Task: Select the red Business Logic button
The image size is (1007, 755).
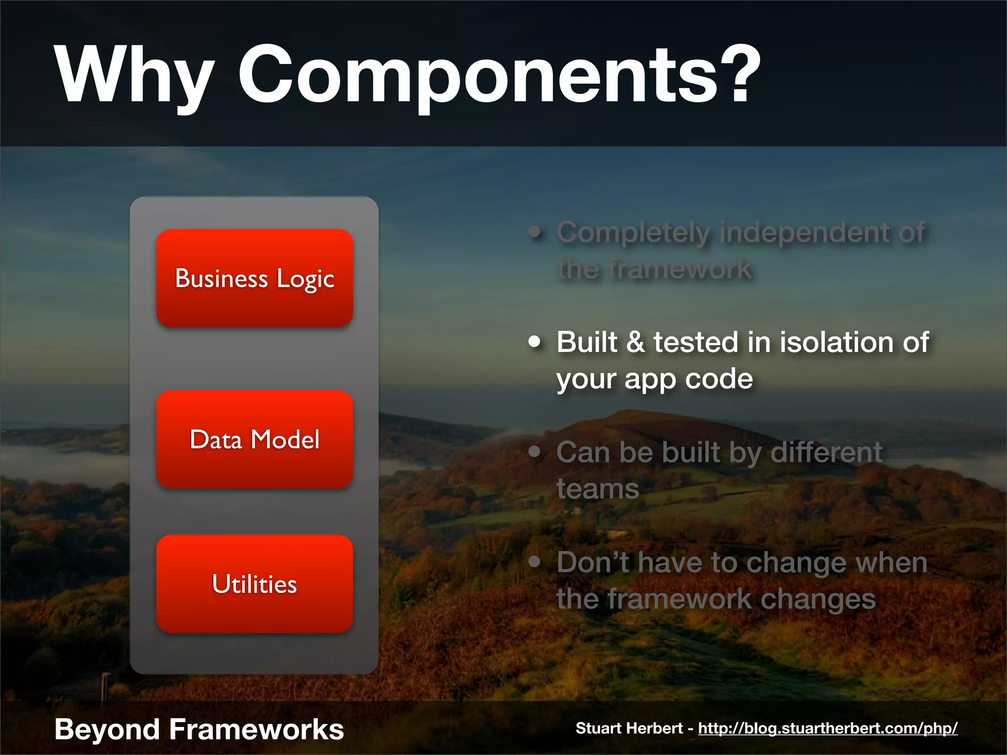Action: tap(254, 278)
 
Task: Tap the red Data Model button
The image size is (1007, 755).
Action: tap(254, 439)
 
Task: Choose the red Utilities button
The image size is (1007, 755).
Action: tap(254, 584)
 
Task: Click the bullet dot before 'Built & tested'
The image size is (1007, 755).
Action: tap(534, 342)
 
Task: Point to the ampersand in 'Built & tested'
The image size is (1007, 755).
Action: tap(635, 342)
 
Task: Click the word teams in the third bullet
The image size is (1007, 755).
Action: tap(597, 490)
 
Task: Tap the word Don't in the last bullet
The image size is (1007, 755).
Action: tap(592, 562)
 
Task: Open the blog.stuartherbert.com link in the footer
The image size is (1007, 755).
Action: tap(828, 728)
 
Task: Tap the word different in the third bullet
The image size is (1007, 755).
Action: tap(826, 452)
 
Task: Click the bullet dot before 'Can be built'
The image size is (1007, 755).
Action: tap(534, 452)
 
